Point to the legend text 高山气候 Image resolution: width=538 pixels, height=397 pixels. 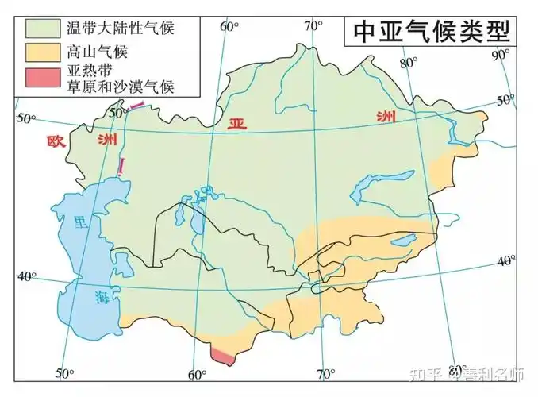(x=98, y=52)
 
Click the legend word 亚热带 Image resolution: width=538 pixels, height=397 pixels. (x=86, y=71)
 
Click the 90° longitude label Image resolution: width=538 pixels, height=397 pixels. (x=501, y=55)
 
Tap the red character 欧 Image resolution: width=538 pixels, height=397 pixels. (x=56, y=142)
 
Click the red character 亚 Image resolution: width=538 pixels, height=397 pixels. (x=236, y=124)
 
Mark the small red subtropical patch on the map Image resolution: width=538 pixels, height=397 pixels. (x=223, y=356)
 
